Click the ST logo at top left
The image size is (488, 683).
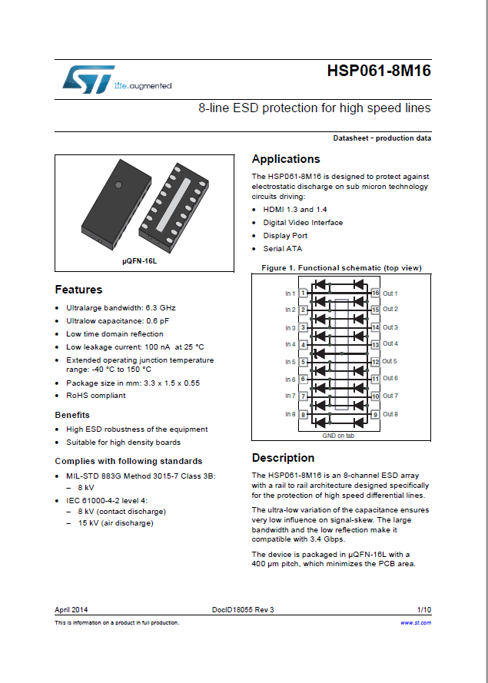(x=88, y=78)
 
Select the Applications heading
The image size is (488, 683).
(x=286, y=159)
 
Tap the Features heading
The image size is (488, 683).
(x=78, y=290)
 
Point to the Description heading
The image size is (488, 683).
(x=283, y=458)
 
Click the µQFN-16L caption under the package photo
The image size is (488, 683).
(x=139, y=261)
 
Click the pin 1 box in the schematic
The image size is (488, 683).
(x=304, y=293)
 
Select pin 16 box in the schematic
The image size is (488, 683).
(x=375, y=293)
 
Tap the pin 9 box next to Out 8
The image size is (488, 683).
(x=375, y=414)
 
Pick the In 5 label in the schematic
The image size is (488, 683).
(x=290, y=362)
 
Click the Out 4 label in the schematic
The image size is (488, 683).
(x=390, y=344)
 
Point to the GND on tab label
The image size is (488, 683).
(x=339, y=436)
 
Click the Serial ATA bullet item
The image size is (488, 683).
(x=283, y=249)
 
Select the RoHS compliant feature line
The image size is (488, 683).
(x=96, y=396)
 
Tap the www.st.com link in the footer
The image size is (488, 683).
(x=416, y=622)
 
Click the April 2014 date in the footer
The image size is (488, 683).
(x=71, y=610)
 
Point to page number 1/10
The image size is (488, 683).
(x=423, y=610)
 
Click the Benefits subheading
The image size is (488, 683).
(x=72, y=415)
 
